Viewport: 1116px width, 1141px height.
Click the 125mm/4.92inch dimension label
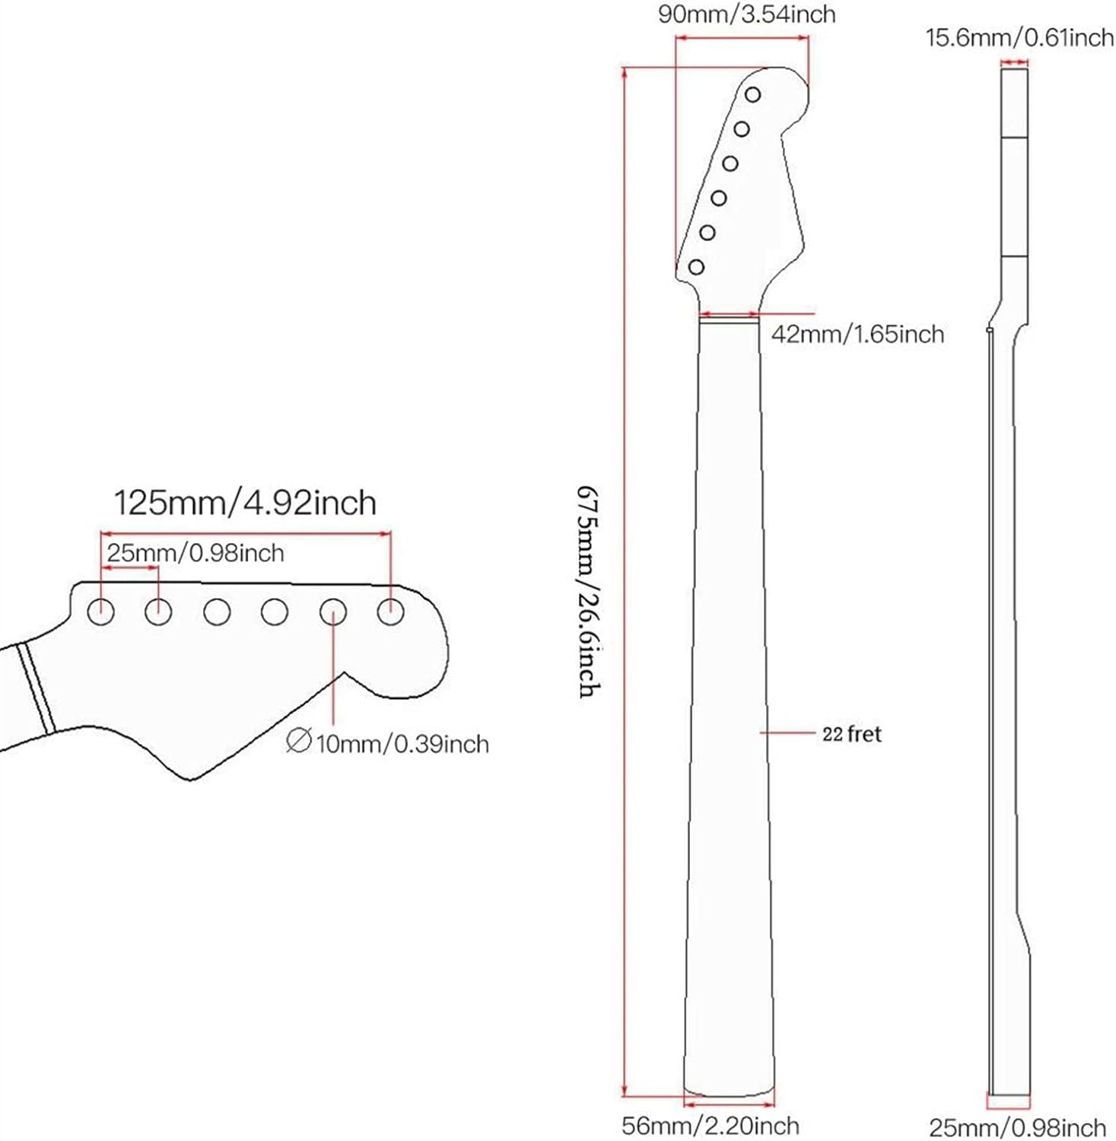point(245,504)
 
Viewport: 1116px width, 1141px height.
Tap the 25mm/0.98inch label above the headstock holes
point(195,553)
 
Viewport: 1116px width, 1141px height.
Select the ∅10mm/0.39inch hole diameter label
point(388,742)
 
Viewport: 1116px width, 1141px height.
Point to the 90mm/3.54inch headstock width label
point(746,14)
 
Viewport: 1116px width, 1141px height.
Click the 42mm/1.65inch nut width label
point(857,334)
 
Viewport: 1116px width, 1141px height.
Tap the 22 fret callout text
point(851,734)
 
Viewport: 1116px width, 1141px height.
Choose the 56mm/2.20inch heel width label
point(710,1126)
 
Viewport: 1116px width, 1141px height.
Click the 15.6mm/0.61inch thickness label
point(1019,37)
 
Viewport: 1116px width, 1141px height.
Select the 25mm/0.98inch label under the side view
point(1017,1127)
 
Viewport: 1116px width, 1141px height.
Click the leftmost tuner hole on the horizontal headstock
point(101,611)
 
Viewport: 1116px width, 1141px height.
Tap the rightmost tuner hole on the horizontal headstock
point(390,611)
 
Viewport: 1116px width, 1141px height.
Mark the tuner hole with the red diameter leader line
point(332,611)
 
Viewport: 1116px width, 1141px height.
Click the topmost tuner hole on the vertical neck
point(752,95)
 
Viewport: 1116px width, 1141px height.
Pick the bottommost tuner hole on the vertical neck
point(696,267)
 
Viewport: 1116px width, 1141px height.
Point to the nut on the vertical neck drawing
point(729,320)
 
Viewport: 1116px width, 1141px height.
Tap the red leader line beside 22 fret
point(787,733)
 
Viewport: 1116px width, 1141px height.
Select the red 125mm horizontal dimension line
point(245,534)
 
